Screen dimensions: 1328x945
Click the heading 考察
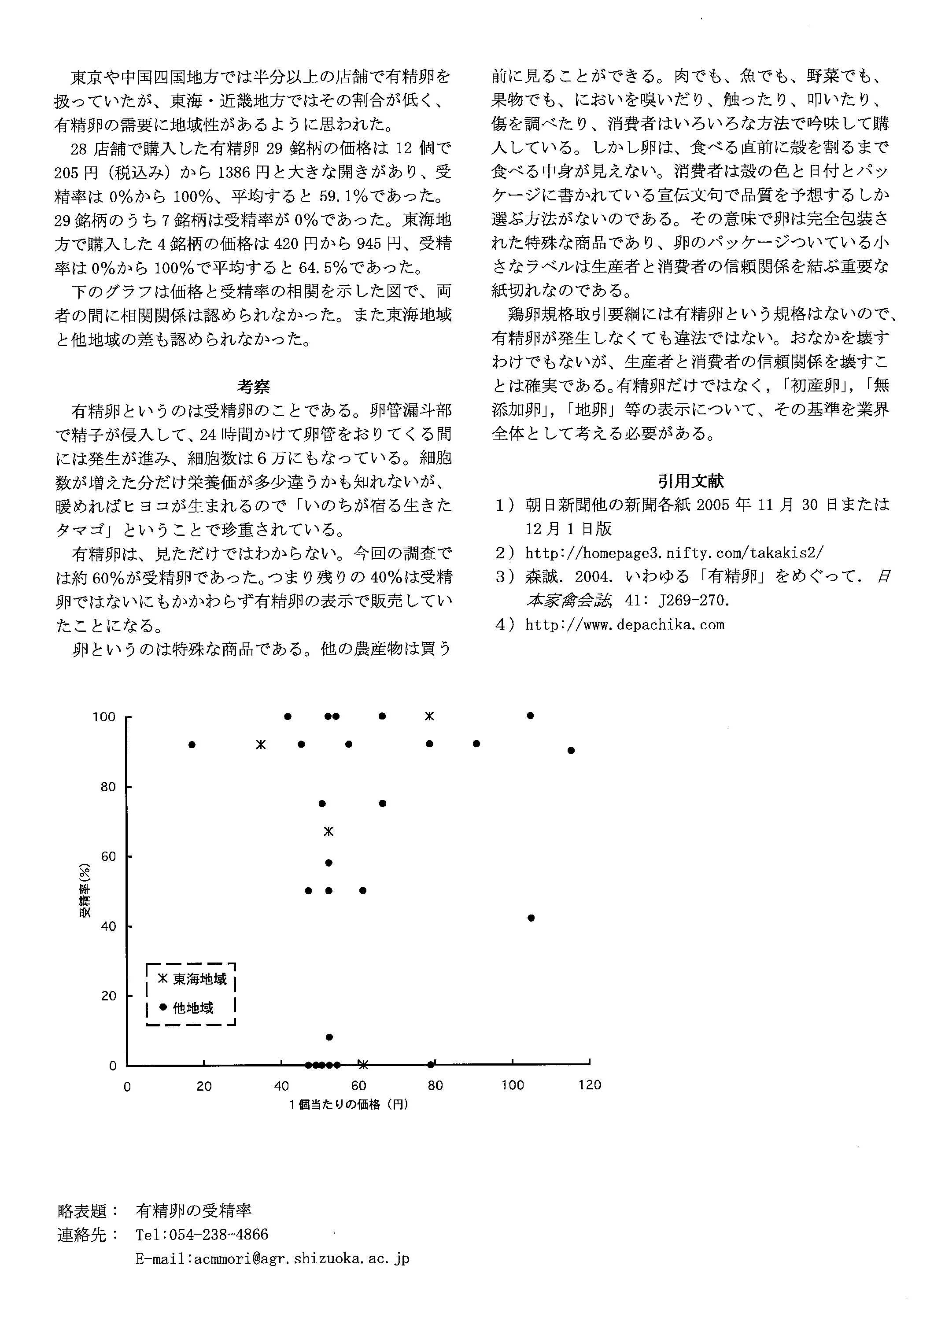click(253, 386)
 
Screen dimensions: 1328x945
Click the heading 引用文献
click(691, 480)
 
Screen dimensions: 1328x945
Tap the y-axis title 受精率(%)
click(85, 890)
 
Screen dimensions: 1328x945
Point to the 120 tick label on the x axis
click(590, 1085)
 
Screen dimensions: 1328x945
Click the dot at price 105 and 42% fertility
click(531, 918)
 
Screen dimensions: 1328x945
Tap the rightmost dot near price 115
click(571, 750)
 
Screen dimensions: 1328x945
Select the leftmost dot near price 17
click(192, 745)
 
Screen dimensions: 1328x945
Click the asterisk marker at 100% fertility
click(429, 716)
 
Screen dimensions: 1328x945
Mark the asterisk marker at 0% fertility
click(363, 1065)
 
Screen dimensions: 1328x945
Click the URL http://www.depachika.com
click(624, 625)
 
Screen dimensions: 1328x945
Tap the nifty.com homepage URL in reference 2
click(674, 553)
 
